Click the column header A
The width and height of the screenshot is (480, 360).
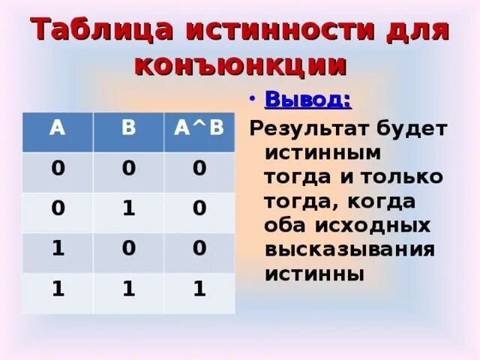56,127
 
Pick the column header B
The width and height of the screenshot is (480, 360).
128,127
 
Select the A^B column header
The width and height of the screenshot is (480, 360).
199,127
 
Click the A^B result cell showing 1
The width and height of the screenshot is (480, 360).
199,289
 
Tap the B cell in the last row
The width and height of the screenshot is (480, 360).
128,289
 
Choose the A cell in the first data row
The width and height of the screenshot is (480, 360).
56,169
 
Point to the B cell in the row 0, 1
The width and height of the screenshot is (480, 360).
128,209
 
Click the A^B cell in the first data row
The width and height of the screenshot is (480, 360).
199,169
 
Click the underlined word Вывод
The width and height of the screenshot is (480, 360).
309,100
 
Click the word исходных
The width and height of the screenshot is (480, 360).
382,225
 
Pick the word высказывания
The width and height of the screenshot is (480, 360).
349,250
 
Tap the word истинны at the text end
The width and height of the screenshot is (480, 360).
314,274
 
